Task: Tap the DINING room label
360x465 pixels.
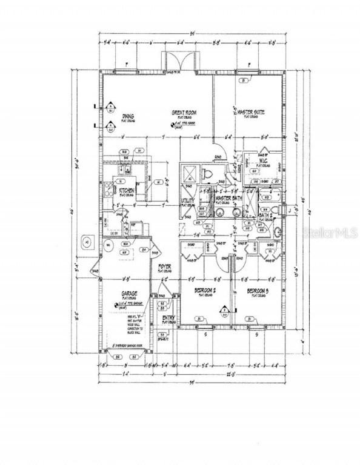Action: point(128,117)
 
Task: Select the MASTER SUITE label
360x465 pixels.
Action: point(249,111)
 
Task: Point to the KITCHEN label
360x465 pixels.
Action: point(127,190)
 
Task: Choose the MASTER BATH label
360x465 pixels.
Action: point(228,198)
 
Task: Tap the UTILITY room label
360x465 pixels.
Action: point(187,200)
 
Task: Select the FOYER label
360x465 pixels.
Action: point(165,267)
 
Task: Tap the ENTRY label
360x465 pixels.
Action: point(168,317)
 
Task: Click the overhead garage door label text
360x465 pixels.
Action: point(125,346)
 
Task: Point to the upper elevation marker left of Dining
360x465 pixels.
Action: point(111,110)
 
